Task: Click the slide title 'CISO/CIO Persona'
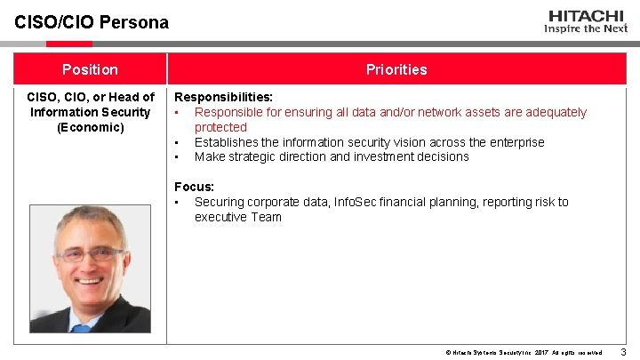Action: [x=91, y=22]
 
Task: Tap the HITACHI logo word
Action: [x=587, y=15]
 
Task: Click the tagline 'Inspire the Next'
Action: [x=586, y=28]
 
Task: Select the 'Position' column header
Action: [x=90, y=69]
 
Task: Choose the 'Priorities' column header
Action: [x=396, y=69]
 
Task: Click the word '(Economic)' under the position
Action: [x=90, y=127]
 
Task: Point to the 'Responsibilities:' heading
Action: [x=223, y=97]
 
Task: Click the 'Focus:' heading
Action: [x=194, y=187]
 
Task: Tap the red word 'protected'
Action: [x=220, y=127]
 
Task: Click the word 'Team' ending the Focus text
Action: [x=266, y=217]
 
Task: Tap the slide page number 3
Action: [x=622, y=352]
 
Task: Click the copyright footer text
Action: [x=524, y=353]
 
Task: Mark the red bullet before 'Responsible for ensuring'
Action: [x=178, y=113]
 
